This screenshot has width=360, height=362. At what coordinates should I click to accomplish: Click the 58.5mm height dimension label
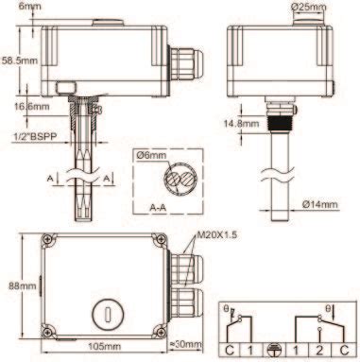[x=20, y=60]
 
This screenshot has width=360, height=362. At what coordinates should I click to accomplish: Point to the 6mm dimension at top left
[x=29, y=6]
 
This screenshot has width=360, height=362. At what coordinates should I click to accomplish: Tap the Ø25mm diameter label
[x=309, y=7]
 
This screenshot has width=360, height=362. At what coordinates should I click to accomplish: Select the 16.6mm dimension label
[x=31, y=106]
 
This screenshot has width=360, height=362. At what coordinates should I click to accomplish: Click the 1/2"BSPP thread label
[x=35, y=137]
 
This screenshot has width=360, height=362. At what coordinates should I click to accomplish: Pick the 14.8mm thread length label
[x=241, y=123]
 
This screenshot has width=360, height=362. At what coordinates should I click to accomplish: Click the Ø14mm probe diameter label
[x=319, y=204]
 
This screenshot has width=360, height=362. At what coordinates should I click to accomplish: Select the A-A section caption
[x=158, y=208]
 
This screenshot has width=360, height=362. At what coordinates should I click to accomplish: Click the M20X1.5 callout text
[x=216, y=234]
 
